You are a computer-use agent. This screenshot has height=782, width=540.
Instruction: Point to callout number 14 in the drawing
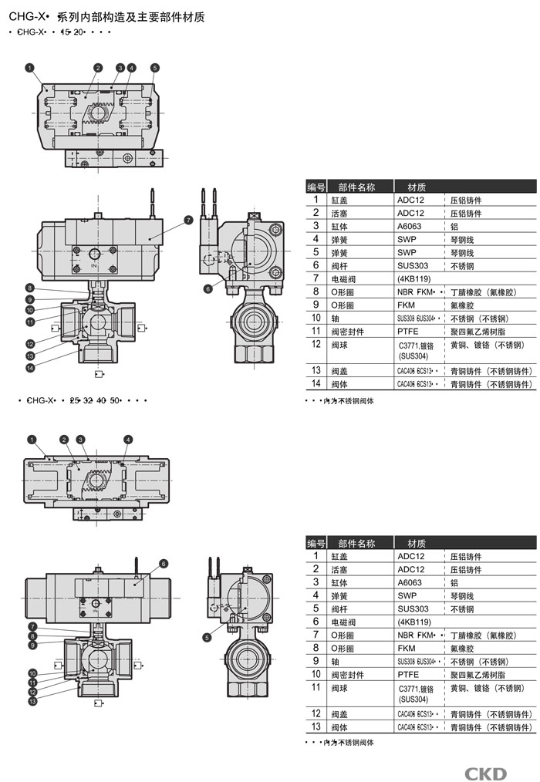pyautogui.click(x=30, y=369)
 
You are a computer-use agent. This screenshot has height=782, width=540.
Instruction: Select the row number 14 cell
pyautogui.click(x=316, y=383)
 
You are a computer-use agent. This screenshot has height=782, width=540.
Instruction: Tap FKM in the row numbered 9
pyautogui.click(x=407, y=305)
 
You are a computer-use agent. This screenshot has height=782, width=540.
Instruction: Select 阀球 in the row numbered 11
pyautogui.click(x=340, y=687)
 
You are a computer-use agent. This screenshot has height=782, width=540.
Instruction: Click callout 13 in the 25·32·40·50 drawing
pyautogui.click(x=32, y=701)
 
